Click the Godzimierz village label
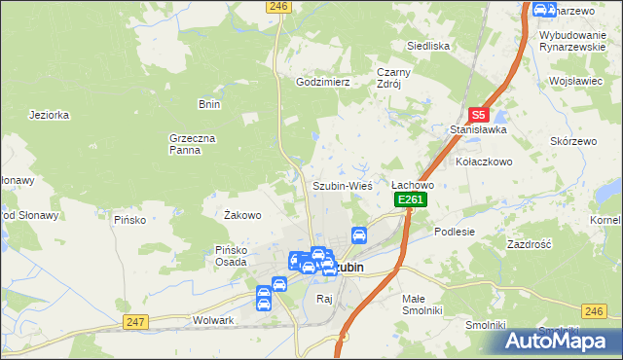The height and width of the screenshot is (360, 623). [322, 83]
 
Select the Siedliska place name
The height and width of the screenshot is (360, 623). [426, 46]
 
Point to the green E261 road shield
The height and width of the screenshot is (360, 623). [410, 199]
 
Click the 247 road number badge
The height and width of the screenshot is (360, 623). [134, 321]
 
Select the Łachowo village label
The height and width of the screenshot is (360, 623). [412, 184]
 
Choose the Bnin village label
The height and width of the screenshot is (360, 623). [209, 104]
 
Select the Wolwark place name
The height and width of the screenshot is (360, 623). [214, 319]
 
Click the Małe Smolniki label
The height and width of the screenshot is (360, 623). [421, 305]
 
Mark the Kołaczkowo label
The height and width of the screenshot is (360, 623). [485, 161]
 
